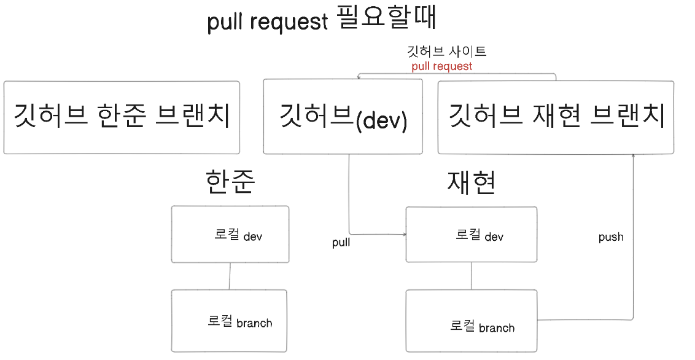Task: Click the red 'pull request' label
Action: (x=442, y=66)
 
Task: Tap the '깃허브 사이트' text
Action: (x=447, y=51)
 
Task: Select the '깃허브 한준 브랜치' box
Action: (x=122, y=117)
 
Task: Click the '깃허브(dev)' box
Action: (x=343, y=117)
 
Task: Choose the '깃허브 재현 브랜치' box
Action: (x=556, y=117)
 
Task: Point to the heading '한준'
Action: (x=230, y=182)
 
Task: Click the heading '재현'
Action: (x=472, y=182)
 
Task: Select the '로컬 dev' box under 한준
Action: (x=230, y=235)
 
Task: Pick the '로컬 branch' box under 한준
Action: (x=230, y=321)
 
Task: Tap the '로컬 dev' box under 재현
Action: (x=472, y=235)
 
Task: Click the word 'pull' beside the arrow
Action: (x=341, y=243)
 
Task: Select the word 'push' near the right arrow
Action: (x=611, y=237)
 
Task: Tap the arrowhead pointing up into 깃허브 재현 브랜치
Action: (x=633, y=157)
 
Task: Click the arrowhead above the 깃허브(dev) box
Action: (x=359, y=76)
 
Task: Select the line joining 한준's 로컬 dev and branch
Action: (x=230, y=276)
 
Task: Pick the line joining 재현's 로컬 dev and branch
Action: (x=472, y=276)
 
